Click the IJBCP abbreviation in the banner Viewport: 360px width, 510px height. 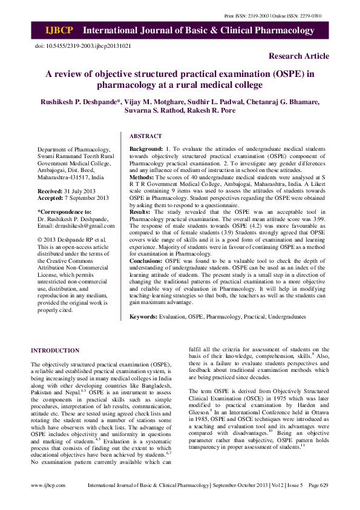coord(60,30)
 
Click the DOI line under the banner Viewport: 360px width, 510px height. coord(83,45)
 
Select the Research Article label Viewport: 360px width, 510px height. coord(299,56)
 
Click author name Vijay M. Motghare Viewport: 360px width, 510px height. coord(146,101)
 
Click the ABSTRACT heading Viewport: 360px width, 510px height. coord(146,136)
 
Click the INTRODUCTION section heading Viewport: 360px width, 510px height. coord(55,350)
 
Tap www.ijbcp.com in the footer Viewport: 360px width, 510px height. coord(48,502)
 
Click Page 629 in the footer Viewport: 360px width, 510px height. coord(318,502)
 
